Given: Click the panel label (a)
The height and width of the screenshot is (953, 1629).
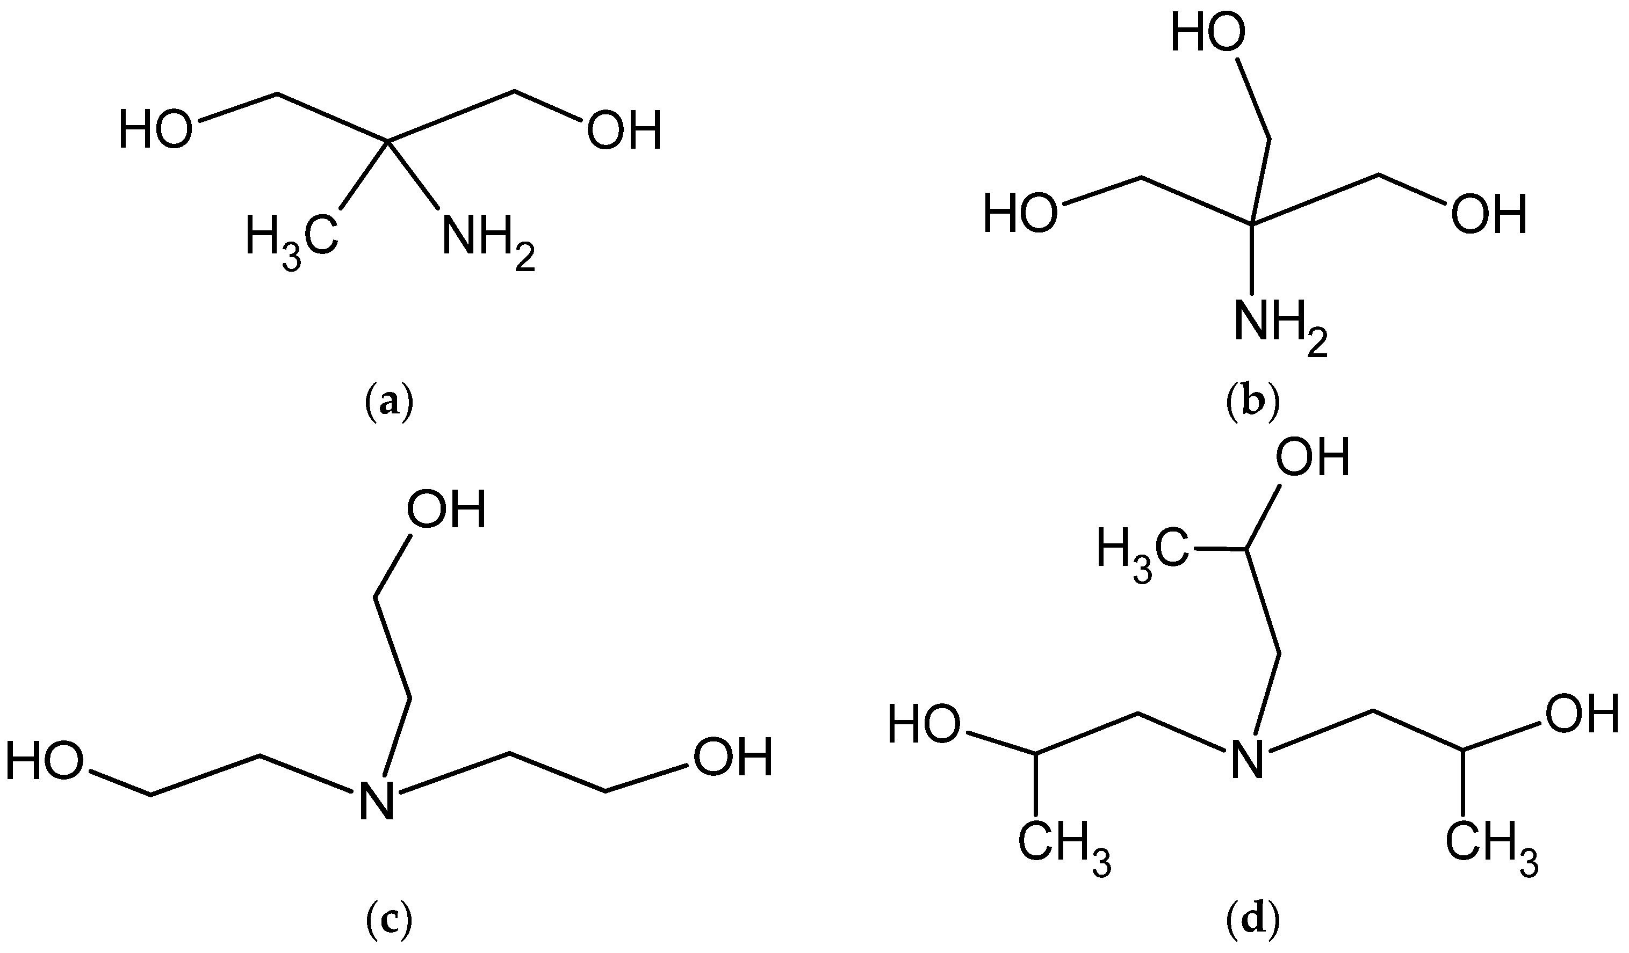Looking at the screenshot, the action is click(388, 403).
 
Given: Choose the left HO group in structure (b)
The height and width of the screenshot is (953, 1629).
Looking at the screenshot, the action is click(1021, 213).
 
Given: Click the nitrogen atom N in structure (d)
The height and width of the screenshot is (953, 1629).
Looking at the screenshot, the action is click(1246, 759).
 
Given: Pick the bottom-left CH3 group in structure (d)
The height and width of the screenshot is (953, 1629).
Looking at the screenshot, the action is click(1063, 846).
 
